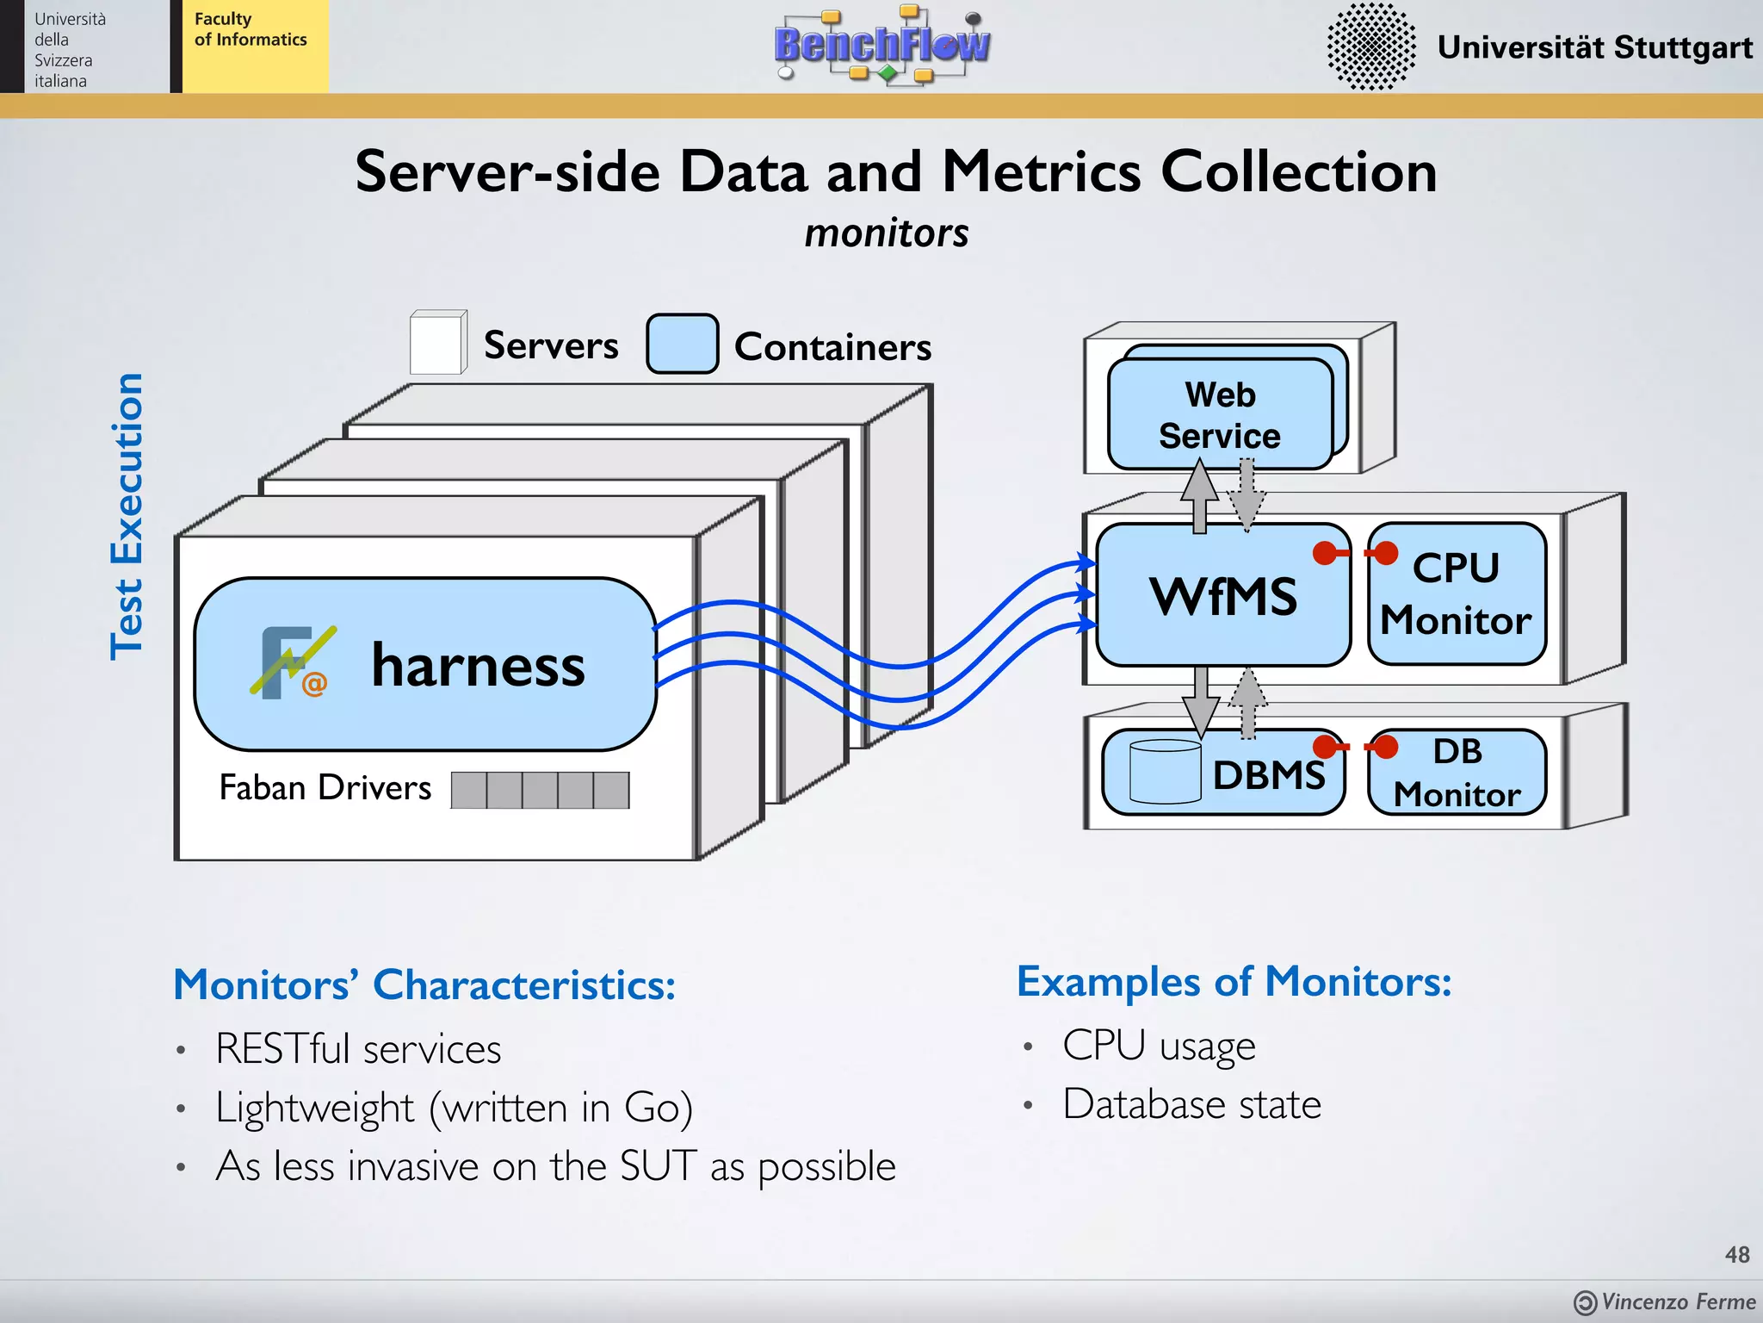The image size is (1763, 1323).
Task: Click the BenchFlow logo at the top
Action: pos(881,45)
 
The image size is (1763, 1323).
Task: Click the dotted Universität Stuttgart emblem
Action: pos(1370,47)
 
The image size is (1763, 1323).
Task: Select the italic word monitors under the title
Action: pos(886,233)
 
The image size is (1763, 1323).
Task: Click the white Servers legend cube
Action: pos(437,344)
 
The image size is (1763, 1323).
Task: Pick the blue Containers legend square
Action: pos(682,344)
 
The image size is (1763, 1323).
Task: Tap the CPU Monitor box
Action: pos(1457,594)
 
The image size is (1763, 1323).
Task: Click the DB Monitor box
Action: pos(1457,773)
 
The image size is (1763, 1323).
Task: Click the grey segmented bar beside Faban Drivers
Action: pos(540,790)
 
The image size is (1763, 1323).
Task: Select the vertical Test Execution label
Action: pos(127,517)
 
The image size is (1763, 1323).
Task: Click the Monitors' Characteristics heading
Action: pos(424,984)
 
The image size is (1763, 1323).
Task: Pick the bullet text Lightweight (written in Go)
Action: pos(454,1108)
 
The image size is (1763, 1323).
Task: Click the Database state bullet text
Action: pos(1191,1104)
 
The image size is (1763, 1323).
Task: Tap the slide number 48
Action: pos(1736,1254)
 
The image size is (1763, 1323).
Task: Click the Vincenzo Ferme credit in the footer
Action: pos(1666,1301)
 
